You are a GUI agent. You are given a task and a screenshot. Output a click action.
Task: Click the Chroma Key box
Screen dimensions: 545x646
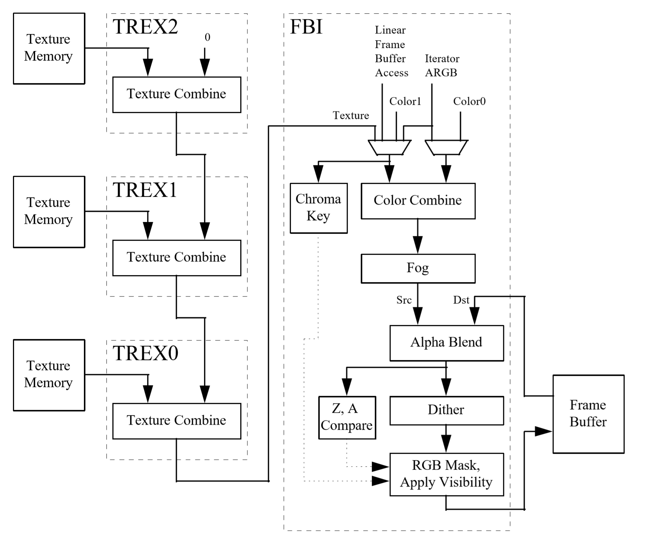(319, 208)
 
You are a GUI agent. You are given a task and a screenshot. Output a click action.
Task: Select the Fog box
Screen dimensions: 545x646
(418, 268)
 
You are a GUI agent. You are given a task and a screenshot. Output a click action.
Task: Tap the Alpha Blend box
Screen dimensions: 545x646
(446, 343)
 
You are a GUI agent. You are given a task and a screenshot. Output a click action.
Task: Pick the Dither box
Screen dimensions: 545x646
(446, 410)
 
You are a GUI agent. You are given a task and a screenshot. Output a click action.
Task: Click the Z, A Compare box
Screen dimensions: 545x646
(347, 417)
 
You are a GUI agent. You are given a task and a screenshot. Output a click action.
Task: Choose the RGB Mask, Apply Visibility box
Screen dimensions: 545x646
(446, 474)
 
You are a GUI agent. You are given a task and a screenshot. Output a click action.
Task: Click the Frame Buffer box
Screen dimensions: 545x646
(588, 414)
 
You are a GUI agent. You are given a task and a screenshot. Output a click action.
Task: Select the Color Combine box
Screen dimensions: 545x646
(418, 201)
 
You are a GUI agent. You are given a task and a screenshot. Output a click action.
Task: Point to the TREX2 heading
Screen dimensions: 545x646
(145, 27)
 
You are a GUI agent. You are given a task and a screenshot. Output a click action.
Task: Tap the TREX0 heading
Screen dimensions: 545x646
(145, 353)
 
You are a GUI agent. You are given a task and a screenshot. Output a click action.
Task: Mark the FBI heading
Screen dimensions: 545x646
(306, 27)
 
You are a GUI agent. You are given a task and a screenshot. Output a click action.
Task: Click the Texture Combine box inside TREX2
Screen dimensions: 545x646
(177, 95)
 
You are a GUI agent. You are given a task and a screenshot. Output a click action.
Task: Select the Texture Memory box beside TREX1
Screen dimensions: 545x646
(49, 212)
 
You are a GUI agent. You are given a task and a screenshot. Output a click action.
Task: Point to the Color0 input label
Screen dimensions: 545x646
(469, 102)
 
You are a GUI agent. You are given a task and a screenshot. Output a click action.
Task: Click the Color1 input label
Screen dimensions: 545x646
(405, 102)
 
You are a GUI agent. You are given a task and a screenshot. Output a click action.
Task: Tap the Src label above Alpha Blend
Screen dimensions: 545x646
(404, 300)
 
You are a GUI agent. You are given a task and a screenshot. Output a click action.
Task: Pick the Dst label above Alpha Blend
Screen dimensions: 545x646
(461, 300)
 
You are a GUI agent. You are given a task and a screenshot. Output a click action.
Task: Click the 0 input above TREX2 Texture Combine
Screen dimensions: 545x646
(207, 37)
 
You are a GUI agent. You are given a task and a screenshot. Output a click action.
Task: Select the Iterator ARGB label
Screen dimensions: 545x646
(442, 66)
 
